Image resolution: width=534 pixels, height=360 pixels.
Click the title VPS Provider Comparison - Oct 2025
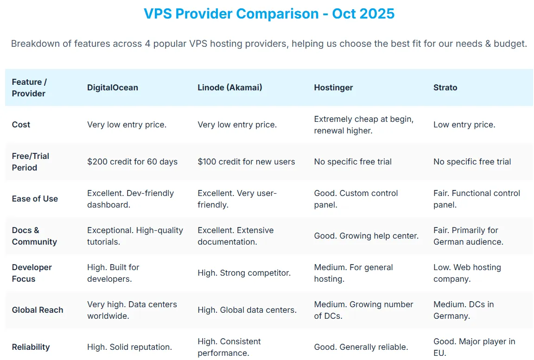click(x=269, y=13)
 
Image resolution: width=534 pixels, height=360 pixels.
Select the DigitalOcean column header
click(x=113, y=88)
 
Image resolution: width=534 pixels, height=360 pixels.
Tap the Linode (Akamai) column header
click(x=230, y=88)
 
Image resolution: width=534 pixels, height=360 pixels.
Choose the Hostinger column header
click(x=333, y=88)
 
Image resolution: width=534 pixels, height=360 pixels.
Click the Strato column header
click(x=445, y=88)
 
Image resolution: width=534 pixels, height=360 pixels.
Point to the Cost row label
click(x=21, y=125)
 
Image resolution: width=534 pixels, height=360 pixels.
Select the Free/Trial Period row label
click(x=31, y=162)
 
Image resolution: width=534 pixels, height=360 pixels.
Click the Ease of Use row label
click(x=35, y=199)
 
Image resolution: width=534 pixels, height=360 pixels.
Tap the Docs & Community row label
click(x=34, y=236)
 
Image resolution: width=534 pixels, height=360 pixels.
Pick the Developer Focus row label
click(x=32, y=273)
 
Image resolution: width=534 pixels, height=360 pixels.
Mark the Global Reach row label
click(x=38, y=310)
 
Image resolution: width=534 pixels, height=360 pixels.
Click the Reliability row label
click(x=31, y=347)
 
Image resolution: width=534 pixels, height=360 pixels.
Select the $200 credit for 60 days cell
click(x=133, y=162)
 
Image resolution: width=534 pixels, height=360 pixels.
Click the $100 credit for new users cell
click(x=246, y=162)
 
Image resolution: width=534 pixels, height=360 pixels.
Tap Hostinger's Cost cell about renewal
click(x=364, y=125)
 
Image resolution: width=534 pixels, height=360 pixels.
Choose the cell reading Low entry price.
click(x=464, y=125)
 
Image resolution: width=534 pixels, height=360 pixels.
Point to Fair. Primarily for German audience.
click(x=468, y=236)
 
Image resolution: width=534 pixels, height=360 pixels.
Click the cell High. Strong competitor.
click(x=244, y=273)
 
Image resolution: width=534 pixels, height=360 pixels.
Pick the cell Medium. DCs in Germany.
click(x=464, y=310)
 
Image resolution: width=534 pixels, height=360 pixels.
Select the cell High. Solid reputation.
click(x=130, y=347)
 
